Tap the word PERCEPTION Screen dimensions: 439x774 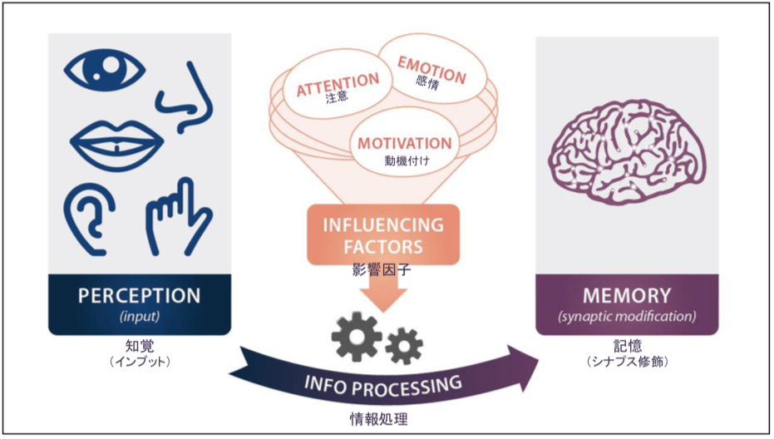click(139, 295)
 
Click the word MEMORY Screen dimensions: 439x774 click(627, 295)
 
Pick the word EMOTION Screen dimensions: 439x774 click(431, 67)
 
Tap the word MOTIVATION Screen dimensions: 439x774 click(405, 143)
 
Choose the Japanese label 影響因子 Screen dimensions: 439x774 click(381, 271)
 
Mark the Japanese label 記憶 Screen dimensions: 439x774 click(627, 345)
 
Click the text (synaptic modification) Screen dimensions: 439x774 click(627, 317)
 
